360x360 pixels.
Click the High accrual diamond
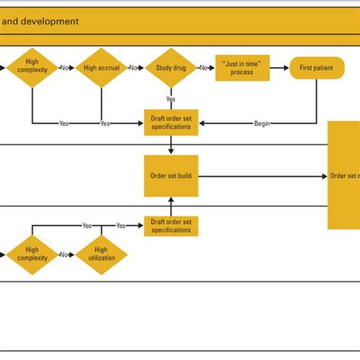[101, 68]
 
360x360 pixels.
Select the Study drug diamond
[171, 68]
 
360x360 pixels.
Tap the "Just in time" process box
[241, 68]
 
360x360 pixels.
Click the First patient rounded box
[316, 68]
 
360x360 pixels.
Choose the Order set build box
[171, 176]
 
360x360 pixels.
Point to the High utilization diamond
[101, 254]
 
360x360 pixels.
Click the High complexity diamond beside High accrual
[32, 68]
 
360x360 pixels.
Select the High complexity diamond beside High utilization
[32, 254]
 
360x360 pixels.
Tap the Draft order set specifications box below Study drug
[171, 123]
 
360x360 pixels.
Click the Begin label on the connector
[262, 123]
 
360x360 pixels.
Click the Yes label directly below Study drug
[171, 99]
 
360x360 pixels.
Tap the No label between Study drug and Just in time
[204, 68]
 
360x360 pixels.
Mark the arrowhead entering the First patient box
[286, 68]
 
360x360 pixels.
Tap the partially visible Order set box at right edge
[343, 176]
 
